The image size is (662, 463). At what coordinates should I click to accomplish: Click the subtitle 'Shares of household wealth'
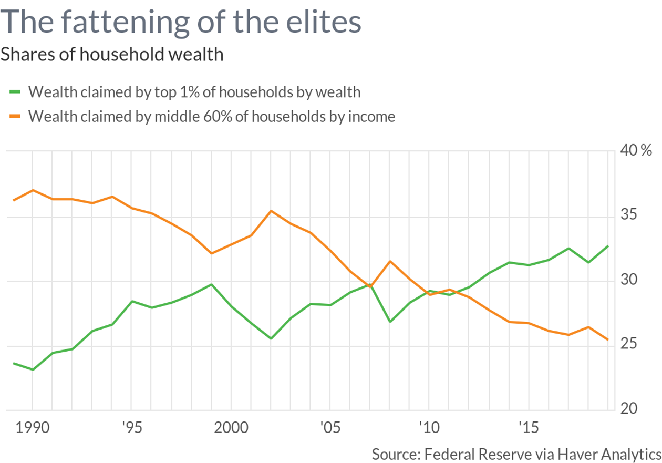(112, 54)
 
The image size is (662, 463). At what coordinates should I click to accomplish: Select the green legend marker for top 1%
(15, 92)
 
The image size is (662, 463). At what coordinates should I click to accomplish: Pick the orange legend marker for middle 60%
(15, 116)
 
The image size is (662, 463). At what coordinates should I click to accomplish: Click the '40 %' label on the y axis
(636, 151)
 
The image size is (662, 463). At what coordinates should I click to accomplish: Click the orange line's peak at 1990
(33, 190)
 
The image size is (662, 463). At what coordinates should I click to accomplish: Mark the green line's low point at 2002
(271, 338)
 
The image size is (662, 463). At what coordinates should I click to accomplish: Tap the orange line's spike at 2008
(389, 261)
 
